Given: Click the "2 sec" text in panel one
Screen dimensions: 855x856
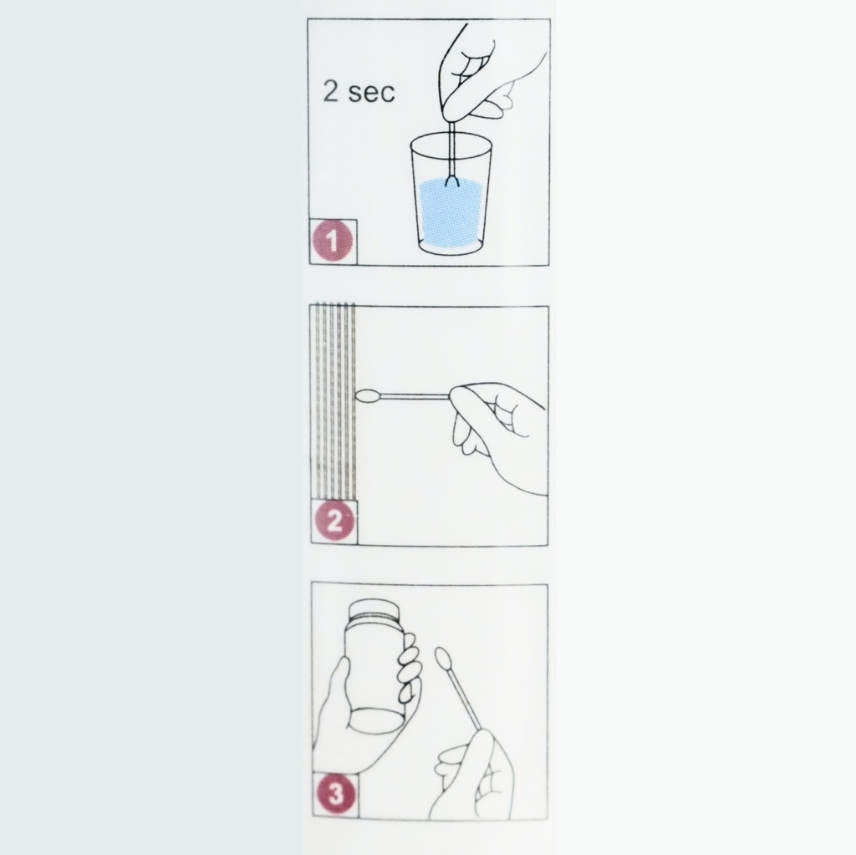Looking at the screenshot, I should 359,92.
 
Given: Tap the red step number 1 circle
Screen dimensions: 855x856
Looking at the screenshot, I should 333,242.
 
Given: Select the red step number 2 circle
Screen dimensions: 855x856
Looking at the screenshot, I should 334,522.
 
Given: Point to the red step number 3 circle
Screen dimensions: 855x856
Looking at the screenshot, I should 334,795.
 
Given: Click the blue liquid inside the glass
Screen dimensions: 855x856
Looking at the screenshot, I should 451,213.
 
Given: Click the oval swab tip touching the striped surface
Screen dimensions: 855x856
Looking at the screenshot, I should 368,396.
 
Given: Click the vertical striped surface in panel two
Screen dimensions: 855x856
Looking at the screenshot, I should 334,401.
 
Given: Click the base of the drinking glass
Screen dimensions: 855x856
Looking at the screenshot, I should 451,248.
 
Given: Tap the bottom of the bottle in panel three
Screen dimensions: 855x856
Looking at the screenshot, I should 375,720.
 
